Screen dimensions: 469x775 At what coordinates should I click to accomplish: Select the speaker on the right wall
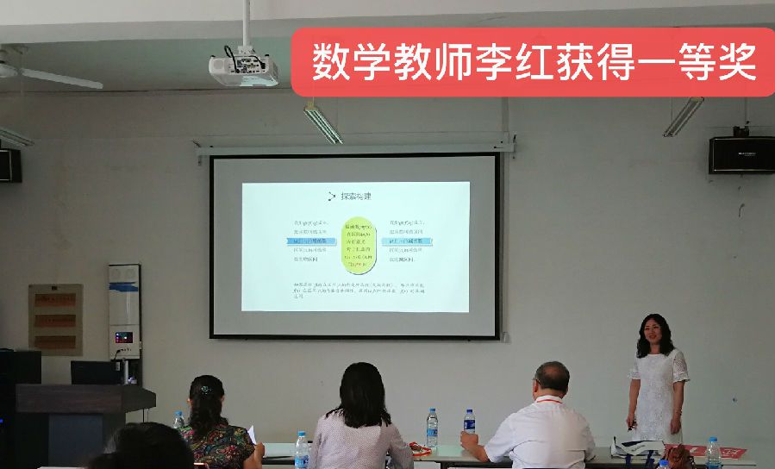tap(741, 154)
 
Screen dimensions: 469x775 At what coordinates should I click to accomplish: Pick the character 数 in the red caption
tap(328, 60)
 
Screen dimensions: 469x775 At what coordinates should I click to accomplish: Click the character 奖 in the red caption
tap(735, 60)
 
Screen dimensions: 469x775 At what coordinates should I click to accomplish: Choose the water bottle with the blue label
tap(469, 422)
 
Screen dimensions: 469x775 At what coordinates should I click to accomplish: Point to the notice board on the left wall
tap(55, 319)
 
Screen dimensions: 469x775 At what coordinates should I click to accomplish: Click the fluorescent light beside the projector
tap(322, 122)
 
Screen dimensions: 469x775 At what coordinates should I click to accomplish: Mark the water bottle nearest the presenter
tap(713, 453)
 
